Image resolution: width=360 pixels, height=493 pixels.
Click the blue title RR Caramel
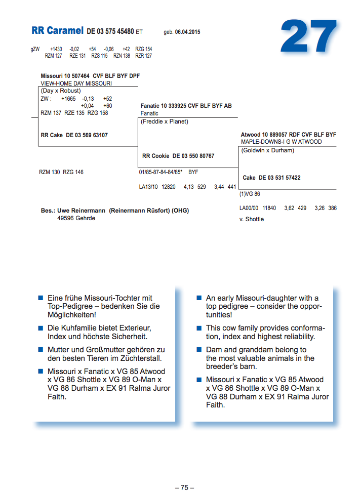pos(57,31)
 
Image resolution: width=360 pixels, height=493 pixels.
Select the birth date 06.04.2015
pos(188,32)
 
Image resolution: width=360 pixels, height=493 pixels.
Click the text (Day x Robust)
pos(61,91)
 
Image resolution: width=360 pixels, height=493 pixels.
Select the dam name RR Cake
pos(52,135)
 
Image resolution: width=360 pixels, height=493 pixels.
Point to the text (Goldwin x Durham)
pos(267,150)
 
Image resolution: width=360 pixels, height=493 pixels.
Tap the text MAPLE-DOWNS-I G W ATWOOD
pos(281,142)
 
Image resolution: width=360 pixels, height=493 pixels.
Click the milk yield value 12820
pos(168,187)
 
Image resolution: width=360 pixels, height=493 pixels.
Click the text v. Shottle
pos(252,219)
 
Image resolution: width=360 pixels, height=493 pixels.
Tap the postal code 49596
pos(65,218)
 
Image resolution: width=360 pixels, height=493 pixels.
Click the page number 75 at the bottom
pos(184,487)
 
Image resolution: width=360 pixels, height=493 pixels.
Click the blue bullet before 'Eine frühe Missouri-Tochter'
pos(41,298)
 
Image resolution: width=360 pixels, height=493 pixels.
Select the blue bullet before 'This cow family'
pos(199,328)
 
